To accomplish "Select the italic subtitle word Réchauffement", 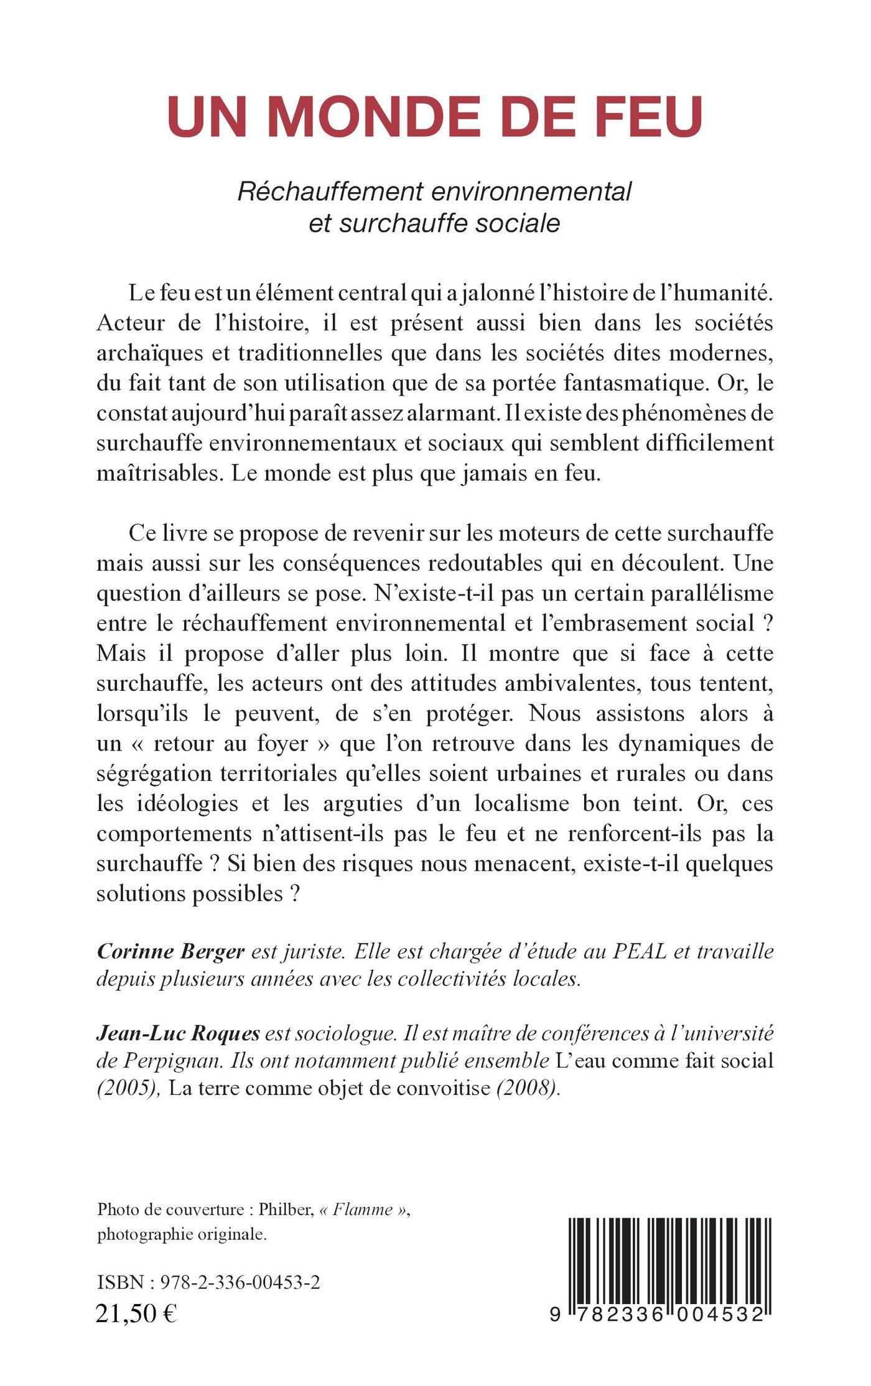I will coord(330,192).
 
